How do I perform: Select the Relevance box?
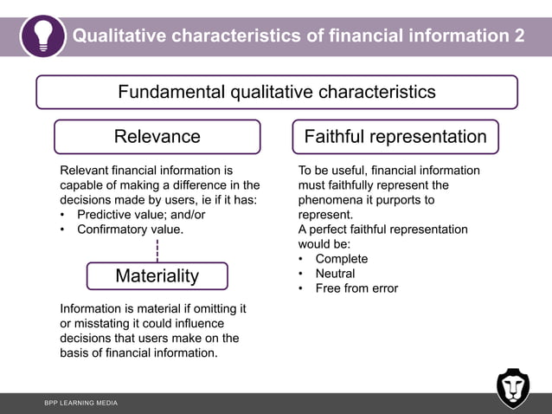click(157, 137)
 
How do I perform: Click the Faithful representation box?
click(395, 137)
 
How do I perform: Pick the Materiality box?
click(157, 275)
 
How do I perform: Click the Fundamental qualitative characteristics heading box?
click(276, 92)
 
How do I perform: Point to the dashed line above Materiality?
click(157, 250)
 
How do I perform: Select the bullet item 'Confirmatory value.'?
click(130, 230)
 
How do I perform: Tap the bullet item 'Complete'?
click(341, 259)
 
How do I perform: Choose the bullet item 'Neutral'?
click(335, 274)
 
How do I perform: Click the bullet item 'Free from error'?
click(356, 288)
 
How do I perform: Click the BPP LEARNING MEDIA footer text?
click(81, 404)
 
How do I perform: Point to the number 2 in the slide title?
click(517, 36)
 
